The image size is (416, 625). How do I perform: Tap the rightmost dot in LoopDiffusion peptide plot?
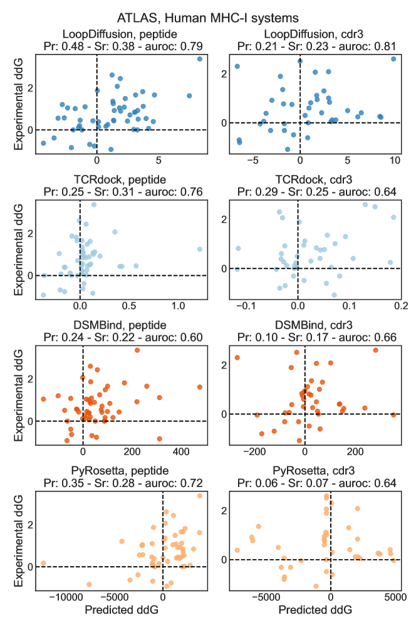[199, 59]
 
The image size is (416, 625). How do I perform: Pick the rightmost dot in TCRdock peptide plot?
[199, 249]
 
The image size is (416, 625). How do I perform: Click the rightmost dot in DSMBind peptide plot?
[200, 387]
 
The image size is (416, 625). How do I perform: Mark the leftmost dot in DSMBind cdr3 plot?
[237, 357]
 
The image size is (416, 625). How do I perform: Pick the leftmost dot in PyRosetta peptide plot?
[43, 563]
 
